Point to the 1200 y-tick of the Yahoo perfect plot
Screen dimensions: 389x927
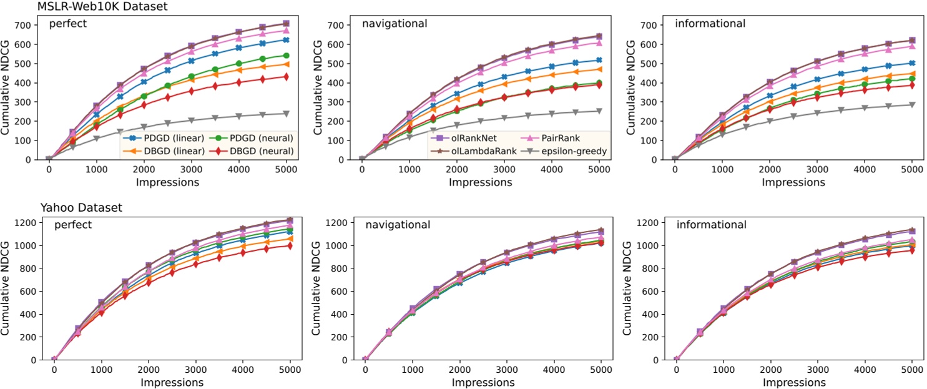[x=26, y=222]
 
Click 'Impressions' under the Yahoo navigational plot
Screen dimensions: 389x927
[x=481, y=382]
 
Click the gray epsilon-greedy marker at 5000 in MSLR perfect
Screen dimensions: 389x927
[x=287, y=114]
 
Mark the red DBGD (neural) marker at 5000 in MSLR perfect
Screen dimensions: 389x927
[x=287, y=77]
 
